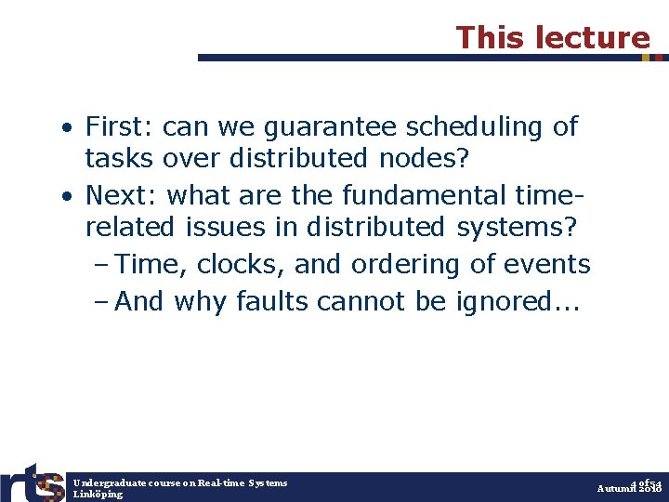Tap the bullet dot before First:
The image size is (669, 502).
69,127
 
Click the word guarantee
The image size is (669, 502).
310,125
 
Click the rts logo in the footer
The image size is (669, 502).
33,482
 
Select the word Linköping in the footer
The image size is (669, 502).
98,495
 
